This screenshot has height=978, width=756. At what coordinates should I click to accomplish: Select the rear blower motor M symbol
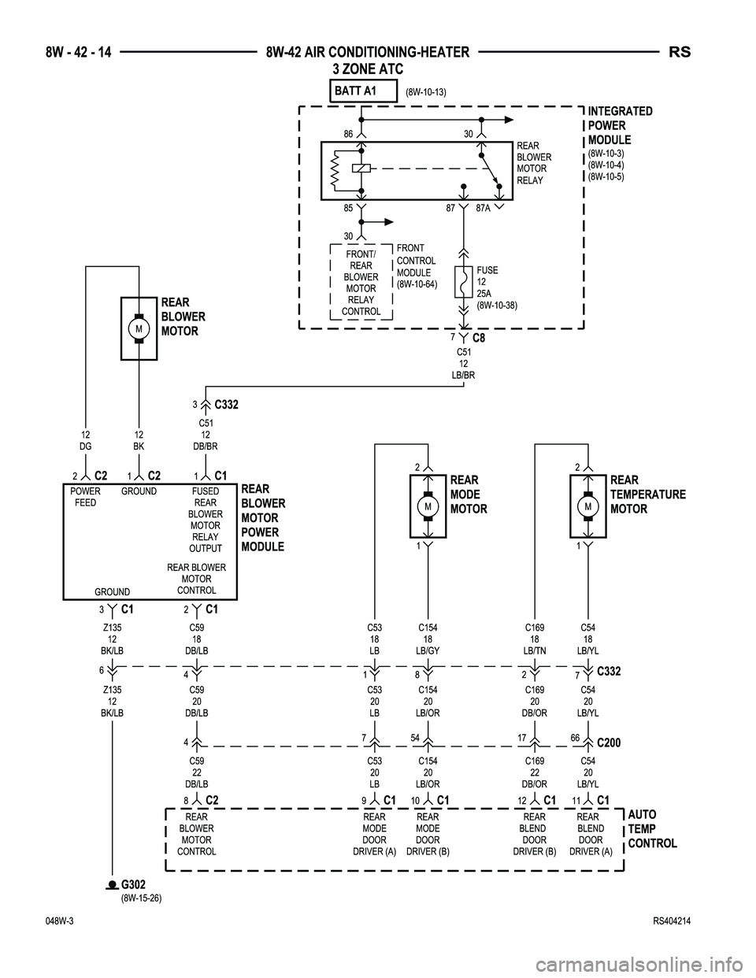tap(139, 328)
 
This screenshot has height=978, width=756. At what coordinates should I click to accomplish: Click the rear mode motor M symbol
tap(428, 508)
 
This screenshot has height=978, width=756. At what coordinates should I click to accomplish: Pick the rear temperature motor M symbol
tap(588, 508)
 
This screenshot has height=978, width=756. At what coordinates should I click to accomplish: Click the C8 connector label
tap(478, 339)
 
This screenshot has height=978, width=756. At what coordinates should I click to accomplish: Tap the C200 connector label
tap(610, 742)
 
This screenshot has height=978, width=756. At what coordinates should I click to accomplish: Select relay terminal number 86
tap(348, 135)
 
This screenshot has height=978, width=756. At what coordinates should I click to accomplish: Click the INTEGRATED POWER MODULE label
tap(620, 126)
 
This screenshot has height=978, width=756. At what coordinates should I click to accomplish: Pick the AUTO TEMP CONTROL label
tap(652, 829)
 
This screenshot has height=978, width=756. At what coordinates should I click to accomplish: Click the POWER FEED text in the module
tap(85, 497)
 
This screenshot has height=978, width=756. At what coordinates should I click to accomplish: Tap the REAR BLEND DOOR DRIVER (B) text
tap(534, 834)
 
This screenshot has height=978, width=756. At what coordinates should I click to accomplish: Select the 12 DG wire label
tap(86, 440)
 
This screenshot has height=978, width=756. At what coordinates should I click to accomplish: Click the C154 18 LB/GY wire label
tap(428, 639)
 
